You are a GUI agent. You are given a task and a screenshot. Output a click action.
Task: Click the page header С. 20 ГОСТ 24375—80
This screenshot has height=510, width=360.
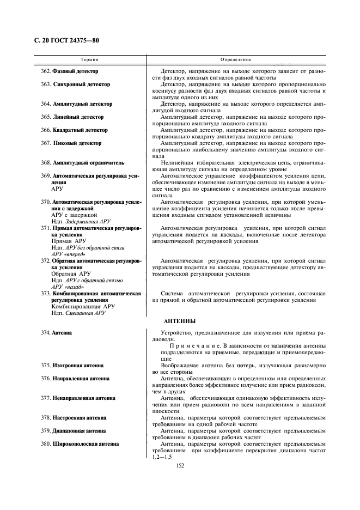pos(63,41)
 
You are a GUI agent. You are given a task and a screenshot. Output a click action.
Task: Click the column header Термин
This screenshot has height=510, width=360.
pos(89,59)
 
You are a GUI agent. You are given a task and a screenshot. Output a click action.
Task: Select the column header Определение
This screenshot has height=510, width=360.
pos(236,59)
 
